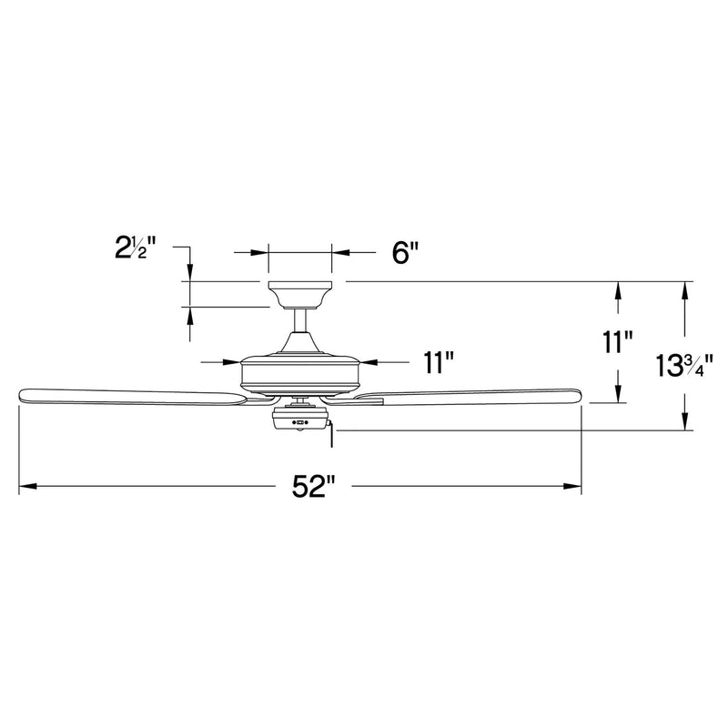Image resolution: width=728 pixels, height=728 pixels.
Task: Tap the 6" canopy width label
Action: tap(401, 252)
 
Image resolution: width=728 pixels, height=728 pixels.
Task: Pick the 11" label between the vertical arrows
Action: tap(618, 342)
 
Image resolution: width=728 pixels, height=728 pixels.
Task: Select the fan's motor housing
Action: tap(299, 373)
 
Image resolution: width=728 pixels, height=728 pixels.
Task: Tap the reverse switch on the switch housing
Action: tap(299, 421)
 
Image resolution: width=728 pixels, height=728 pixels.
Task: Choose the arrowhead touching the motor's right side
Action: tap(367, 362)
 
